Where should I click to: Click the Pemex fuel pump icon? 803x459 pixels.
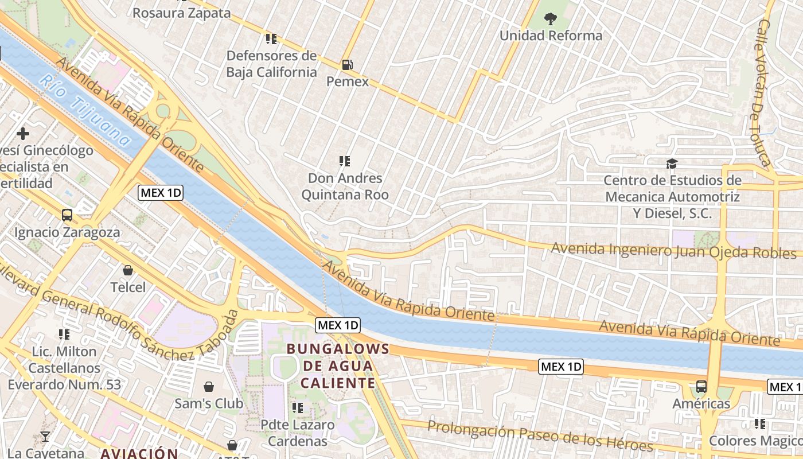347,65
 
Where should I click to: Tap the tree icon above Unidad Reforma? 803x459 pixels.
550,19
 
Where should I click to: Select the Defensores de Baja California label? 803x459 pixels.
271,64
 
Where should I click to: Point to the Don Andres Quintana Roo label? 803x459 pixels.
345,186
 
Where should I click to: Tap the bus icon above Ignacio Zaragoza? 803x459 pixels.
67,215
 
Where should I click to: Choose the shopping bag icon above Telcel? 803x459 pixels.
128,270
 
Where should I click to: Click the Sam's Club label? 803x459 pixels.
209,403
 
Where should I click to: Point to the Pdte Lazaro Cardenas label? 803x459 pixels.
297,433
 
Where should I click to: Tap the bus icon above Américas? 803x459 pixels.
701,386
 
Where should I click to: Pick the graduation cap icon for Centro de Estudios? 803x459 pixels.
672,164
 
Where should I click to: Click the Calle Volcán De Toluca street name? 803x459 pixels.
762,92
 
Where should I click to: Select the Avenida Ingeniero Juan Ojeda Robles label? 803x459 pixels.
674,251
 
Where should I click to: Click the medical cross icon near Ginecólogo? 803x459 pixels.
23,134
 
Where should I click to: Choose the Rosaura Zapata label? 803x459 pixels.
181,13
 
